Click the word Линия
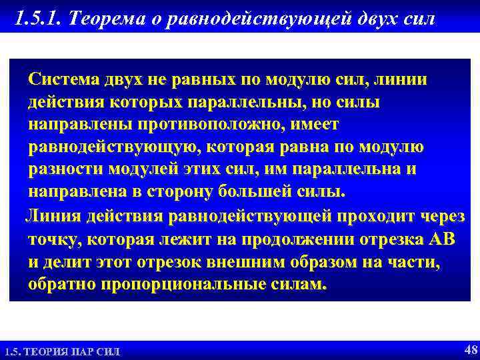pos(51,216)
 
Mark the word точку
pos(52,239)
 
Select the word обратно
pos(63,285)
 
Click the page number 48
pos(468,349)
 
